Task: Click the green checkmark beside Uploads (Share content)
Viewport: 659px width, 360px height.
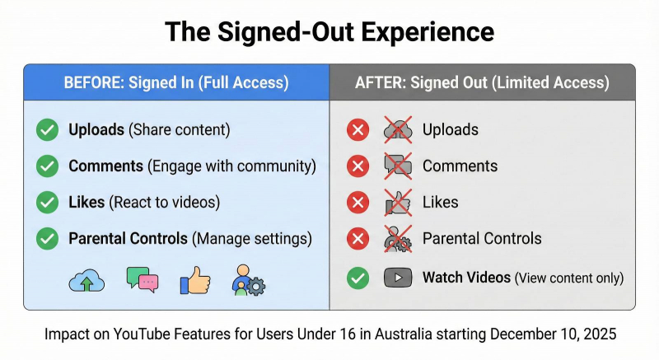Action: (47, 130)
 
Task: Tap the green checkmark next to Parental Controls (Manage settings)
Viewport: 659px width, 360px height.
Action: (47, 239)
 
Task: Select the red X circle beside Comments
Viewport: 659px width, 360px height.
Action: (358, 166)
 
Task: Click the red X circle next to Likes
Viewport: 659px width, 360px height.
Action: (358, 202)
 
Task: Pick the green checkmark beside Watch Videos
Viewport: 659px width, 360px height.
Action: (358, 278)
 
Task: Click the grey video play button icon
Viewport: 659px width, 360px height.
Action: (398, 278)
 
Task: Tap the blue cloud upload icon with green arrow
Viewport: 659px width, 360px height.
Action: (86, 280)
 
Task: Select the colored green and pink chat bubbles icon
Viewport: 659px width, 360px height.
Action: (143, 279)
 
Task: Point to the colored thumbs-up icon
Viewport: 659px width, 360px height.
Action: (195, 280)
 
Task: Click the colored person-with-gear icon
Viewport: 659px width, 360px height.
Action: (249, 280)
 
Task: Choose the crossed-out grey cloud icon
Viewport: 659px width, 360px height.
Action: (398, 130)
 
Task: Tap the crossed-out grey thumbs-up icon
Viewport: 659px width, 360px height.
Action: (398, 203)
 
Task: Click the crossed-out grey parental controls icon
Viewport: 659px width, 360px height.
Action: (398, 239)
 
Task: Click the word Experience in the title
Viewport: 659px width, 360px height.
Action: (428, 32)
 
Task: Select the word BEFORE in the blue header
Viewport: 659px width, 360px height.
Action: (94, 82)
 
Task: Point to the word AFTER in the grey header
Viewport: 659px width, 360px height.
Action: (381, 82)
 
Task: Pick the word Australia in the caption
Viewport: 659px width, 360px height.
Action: (403, 334)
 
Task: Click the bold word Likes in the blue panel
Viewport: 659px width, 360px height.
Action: (86, 202)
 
